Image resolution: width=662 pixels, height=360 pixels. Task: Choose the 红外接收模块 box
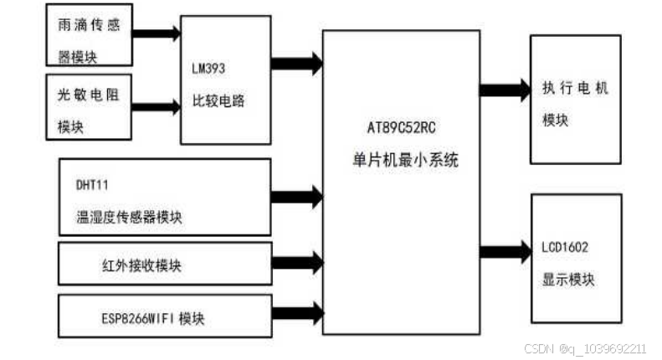(x=164, y=265)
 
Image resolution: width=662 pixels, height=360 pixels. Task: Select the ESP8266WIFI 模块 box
(x=164, y=316)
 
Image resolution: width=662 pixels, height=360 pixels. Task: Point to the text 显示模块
(x=568, y=280)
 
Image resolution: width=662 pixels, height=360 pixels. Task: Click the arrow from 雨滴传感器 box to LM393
(x=157, y=33)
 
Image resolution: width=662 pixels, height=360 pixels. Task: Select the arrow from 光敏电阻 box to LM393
(x=157, y=106)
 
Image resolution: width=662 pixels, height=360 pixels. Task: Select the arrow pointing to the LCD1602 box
(x=505, y=249)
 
